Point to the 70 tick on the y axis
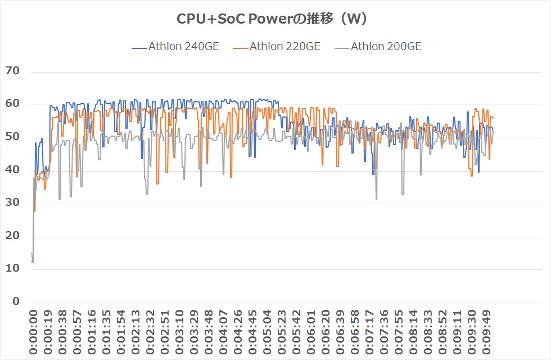[12, 71]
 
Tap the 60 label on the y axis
[12, 104]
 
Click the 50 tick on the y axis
[12, 137]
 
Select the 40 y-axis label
[12, 170]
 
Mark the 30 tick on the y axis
[12, 202]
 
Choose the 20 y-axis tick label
[12, 236]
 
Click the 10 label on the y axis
[12, 268]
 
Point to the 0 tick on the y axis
[16, 301]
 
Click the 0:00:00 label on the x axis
[33, 332]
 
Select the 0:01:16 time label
[92, 332]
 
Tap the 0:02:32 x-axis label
[151, 332]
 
